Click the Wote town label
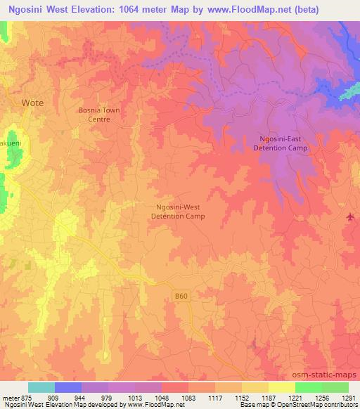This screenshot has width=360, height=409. pos(32,103)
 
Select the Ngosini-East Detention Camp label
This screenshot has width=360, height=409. pos(281,143)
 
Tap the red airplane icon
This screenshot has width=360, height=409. pos(351,216)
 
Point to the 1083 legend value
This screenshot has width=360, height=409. pos(186,398)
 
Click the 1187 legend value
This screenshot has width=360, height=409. pos(267,398)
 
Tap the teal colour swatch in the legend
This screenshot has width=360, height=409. pos(41,387)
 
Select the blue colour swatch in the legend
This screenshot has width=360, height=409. pos(68,387)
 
